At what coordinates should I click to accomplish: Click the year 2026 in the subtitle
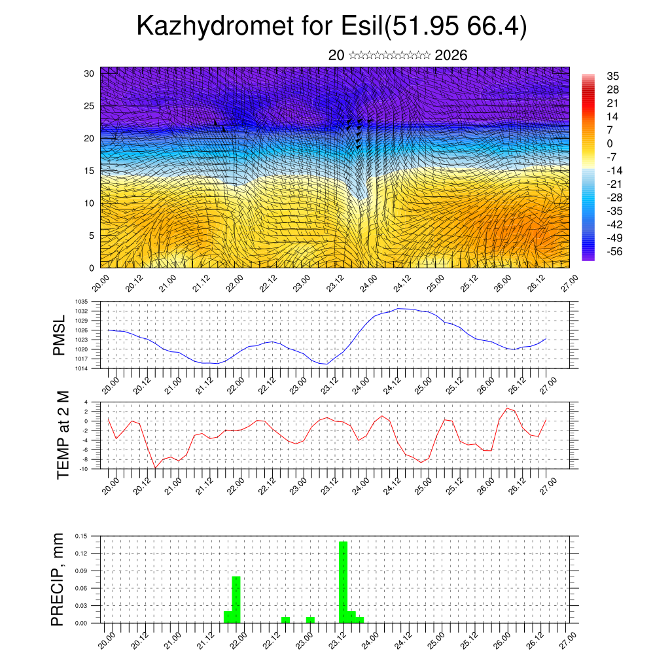coord(451,56)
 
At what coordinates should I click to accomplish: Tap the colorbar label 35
coord(613,76)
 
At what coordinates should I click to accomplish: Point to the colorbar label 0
coord(610,144)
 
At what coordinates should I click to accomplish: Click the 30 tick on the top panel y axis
coord(89,73)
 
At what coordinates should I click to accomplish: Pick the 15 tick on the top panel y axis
coord(89,171)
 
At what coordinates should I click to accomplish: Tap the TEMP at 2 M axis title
coord(63,434)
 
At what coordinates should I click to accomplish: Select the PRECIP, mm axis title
coord(59,580)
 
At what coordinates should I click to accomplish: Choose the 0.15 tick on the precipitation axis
coord(81,536)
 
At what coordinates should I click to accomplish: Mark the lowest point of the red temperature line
coord(155,468)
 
